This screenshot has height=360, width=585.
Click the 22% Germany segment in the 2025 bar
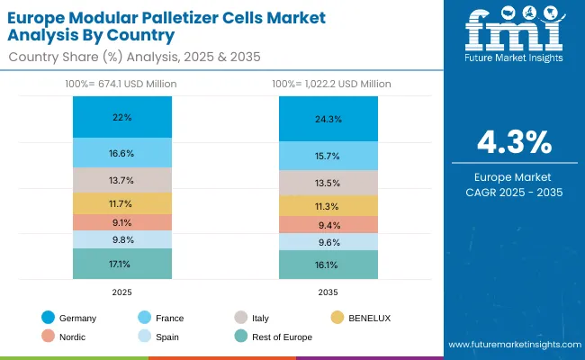click(x=122, y=117)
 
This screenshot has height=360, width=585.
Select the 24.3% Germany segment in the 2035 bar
click(x=328, y=119)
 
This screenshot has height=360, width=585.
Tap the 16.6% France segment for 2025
click(x=122, y=153)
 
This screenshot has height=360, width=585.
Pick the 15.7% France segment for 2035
click(x=328, y=157)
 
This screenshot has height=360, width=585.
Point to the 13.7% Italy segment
click(x=122, y=180)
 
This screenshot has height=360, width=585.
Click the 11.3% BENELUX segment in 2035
click(x=328, y=206)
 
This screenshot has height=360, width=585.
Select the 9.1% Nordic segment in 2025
click(x=122, y=222)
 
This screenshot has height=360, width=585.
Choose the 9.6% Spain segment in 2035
click(x=328, y=242)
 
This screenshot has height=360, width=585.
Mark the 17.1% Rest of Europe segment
click(x=122, y=264)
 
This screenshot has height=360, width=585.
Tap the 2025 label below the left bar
click(x=122, y=293)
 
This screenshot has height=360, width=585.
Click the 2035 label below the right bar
click(x=328, y=293)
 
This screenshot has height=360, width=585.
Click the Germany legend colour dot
click(x=47, y=318)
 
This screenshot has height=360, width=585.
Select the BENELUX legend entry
click(x=367, y=318)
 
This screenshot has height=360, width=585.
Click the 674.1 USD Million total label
click(x=122, y=84)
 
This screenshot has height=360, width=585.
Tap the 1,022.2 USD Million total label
click(x=328, y=84)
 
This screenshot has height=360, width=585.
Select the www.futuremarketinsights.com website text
click(x=512, y=345)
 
